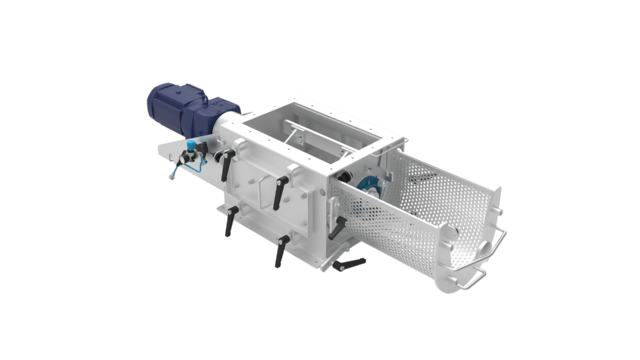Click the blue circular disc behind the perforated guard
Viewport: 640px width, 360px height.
tap(365, 183)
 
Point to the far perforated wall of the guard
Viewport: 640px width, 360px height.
tap(440, 170)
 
